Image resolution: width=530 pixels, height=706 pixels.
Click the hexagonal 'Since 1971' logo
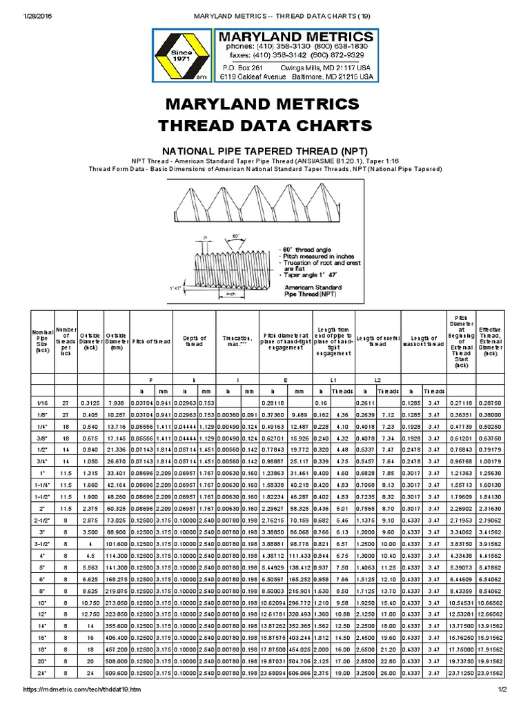tap(182, 57)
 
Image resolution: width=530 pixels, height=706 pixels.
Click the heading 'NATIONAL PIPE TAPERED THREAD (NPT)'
tap(264, 150)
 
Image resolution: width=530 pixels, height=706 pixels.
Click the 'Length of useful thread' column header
tap(377, 339)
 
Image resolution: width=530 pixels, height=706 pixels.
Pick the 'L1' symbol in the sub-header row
tap(333, 380)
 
